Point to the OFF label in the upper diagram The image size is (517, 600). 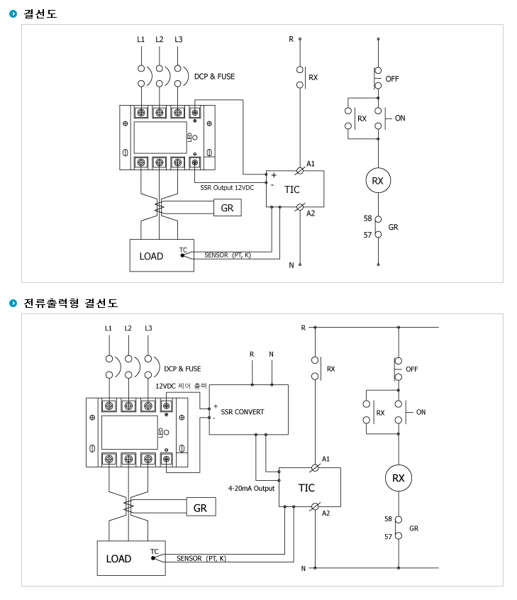coord(392,79)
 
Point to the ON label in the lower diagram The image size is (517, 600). coord(421,412)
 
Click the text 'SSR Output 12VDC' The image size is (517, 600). coord(227,187)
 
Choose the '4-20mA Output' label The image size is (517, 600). coord(252,488)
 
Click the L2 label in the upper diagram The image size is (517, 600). coord(159,40)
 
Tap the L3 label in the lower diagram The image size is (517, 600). coord(148,328)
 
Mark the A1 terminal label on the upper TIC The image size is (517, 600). coord(311,164)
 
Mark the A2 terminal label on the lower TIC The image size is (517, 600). coord(326,513)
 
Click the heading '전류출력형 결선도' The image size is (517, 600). coord(71,303)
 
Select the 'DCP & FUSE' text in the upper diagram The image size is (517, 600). coord(214,77)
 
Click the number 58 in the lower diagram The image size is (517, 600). coord(388,519)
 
